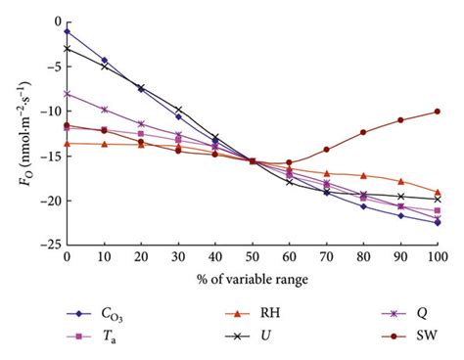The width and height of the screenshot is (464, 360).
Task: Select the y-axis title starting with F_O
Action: (x=15, y=132)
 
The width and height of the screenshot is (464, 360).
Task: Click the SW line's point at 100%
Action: (x=438, y=112)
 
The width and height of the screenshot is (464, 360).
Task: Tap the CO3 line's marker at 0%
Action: (x=67, y=31)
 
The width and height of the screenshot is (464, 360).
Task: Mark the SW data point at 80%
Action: (x=363, y=132)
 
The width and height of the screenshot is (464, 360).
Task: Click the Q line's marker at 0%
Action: (x=67, y=94)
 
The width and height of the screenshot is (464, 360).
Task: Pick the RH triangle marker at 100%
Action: (x=438, y=192)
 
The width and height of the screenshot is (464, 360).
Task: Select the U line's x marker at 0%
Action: (x=67, y=48)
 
